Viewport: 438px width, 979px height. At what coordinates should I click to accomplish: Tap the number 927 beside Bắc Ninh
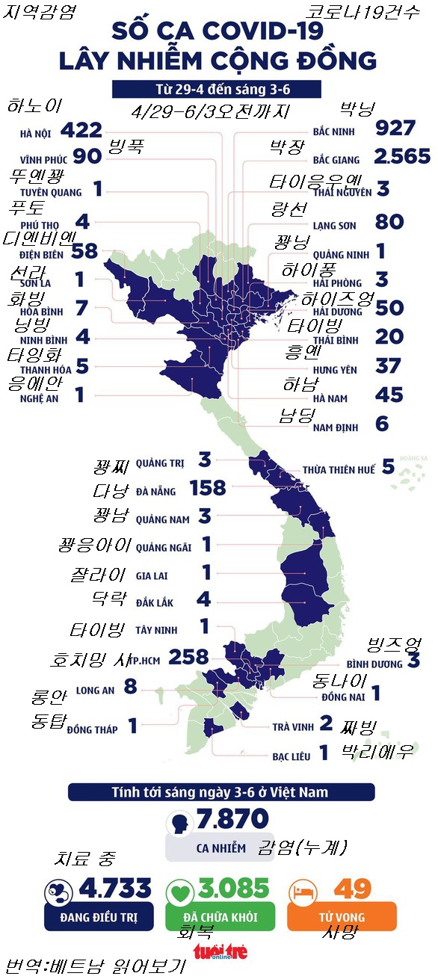(x=396, y=128)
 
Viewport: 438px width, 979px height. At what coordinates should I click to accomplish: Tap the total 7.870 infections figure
(x=232, y=820)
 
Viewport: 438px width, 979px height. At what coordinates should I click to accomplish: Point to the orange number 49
(x=352, y=889)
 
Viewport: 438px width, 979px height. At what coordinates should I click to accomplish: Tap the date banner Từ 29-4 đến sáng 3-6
(x=217, y=89)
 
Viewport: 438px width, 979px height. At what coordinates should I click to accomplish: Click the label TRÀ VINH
(x=292, y=726)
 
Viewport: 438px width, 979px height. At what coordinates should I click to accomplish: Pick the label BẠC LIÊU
(x=291, y=757)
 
